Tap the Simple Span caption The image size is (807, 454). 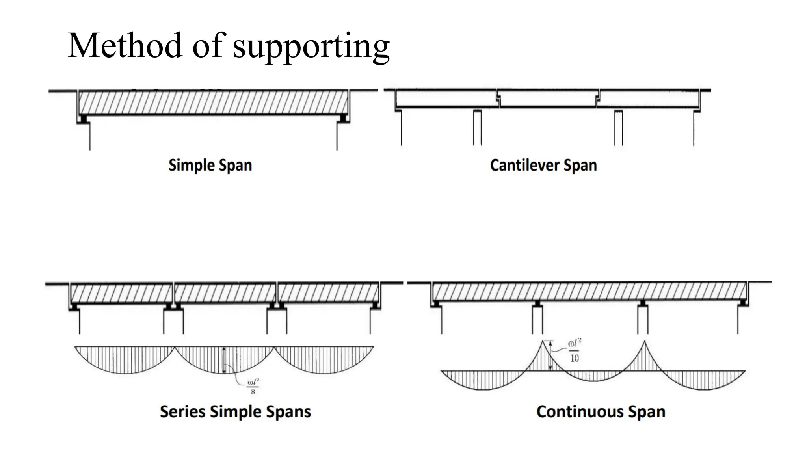210,165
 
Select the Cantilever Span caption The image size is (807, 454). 543,165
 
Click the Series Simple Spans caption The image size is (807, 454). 235,411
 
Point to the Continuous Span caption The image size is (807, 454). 601,411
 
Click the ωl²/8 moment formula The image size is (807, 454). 253,386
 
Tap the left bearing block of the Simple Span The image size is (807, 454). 83,118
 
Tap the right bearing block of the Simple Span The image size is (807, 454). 343,118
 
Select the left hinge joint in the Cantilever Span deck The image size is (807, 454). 498,99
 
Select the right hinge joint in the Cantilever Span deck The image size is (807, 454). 598,99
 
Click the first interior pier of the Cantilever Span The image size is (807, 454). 477,128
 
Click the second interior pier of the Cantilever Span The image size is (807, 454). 619,128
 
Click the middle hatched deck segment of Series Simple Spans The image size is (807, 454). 225,293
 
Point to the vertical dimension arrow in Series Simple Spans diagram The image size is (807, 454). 224,360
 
